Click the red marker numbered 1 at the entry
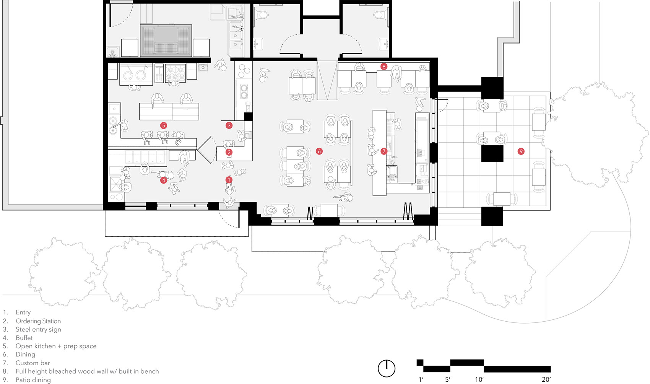point(229,180)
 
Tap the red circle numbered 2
point(229,152)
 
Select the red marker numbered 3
point(229,125)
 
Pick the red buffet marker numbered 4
point(164,180)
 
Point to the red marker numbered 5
point(164,125)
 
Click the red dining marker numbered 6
point(319,151)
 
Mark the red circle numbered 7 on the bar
point(384,151)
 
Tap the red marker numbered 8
point(384,67)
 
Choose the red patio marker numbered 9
point(521,151)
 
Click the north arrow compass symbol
point(387,368)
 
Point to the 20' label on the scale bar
point(546,379)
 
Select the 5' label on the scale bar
point(448,379)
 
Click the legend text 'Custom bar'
point(33,363)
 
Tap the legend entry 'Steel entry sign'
point(38,329)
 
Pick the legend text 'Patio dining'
point(33,380)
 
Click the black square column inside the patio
point(492,153)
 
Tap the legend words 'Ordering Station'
point(38,321)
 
